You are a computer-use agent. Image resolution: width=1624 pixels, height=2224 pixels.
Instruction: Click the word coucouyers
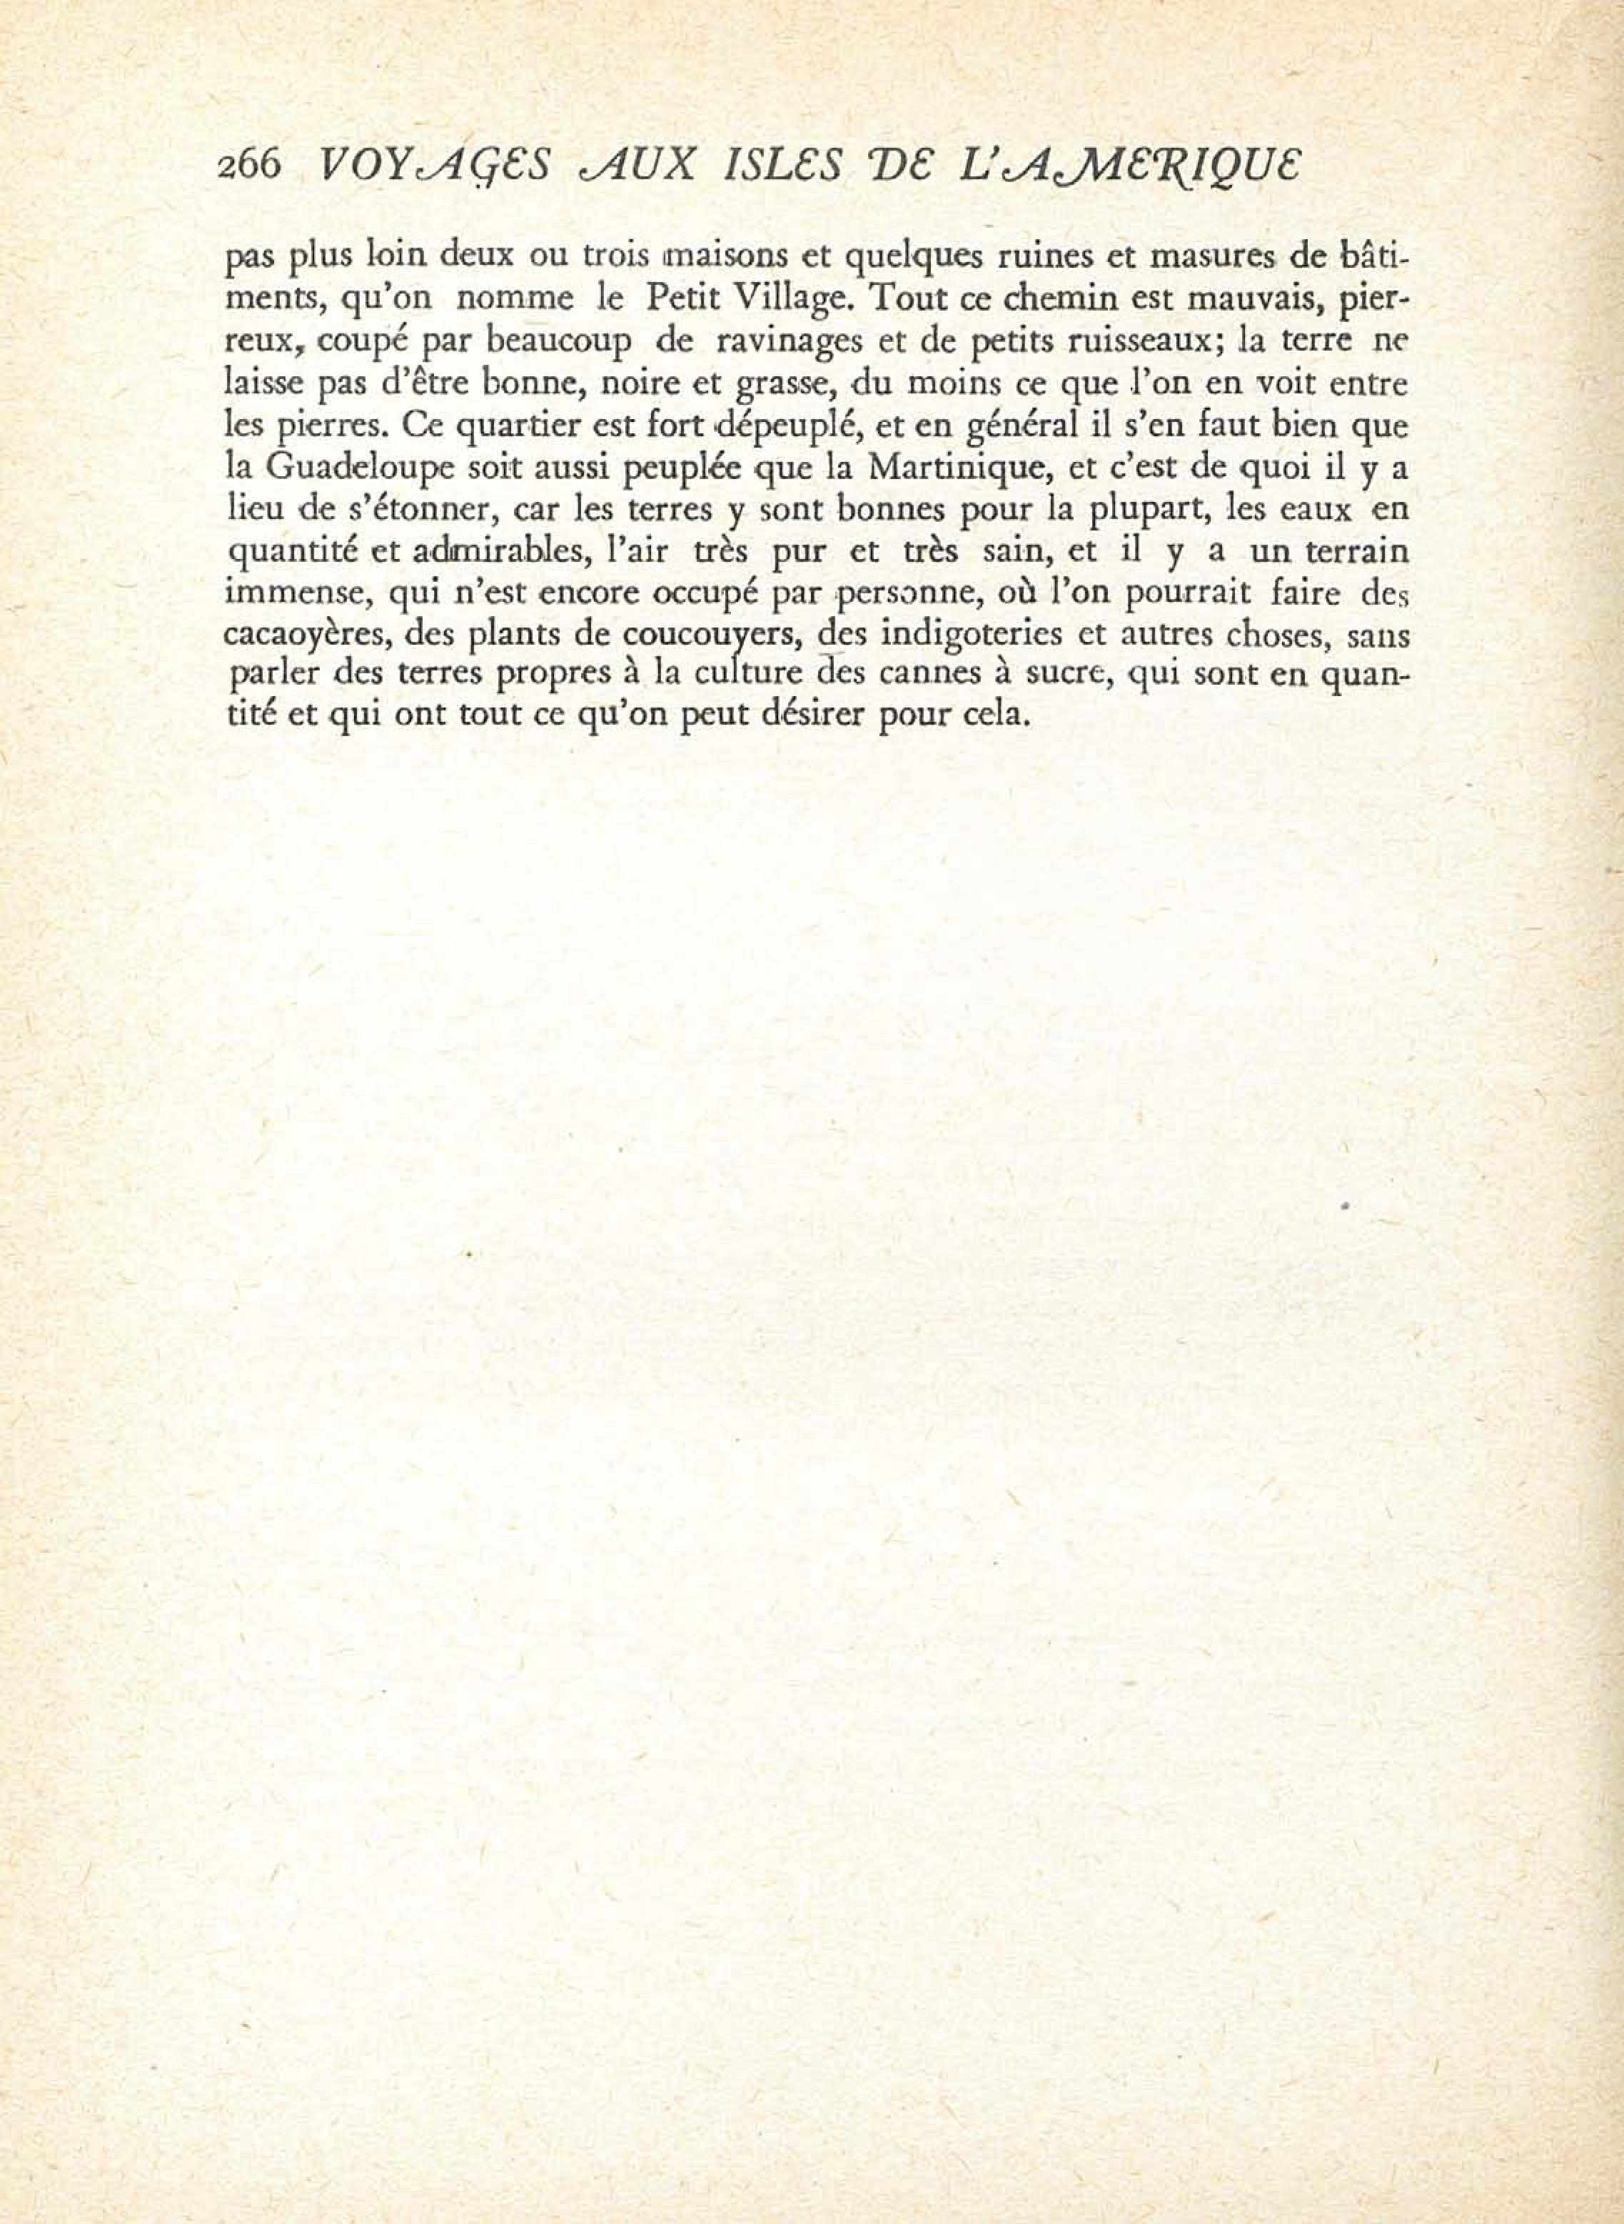tap(715, 636)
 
